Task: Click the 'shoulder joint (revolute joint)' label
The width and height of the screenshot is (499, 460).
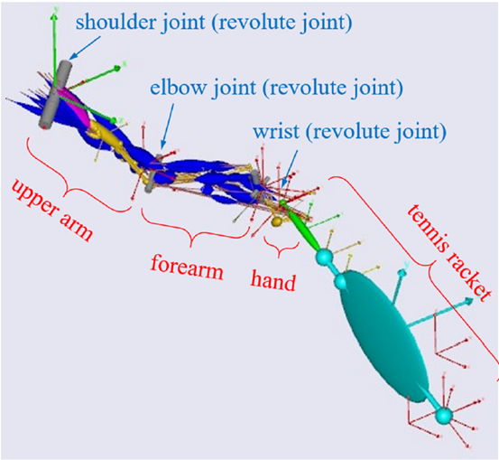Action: (214, 23)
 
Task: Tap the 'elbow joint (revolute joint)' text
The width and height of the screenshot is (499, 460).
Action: (276, 88)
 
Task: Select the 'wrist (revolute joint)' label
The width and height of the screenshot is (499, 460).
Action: (349, 131)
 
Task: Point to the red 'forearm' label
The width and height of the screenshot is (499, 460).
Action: (187, 268)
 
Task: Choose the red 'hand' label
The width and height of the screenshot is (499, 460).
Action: (273, 280)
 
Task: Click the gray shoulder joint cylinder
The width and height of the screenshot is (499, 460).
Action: (55, 94)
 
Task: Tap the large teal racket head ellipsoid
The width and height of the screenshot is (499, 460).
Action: (384, 335)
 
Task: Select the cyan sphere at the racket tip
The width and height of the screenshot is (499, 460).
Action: (444, 416)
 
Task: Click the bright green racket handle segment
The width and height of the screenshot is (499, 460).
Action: (300, 225)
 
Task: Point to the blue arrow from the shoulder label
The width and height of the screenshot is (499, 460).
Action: (85, 48)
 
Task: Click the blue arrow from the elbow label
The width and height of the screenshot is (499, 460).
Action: (168, 126)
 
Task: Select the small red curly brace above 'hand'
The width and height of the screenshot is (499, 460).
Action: (280, 248)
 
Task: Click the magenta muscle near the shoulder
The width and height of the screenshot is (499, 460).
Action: (78, 108)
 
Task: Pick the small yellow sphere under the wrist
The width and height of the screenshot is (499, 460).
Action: (276, 222)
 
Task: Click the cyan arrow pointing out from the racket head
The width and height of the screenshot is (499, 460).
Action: (439, 313)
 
